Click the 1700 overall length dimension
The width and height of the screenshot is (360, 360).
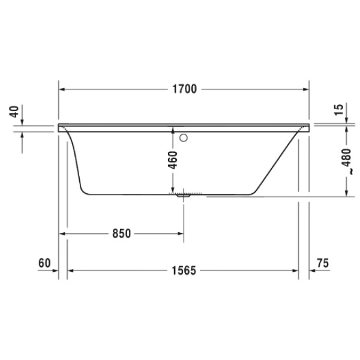pos(184,90)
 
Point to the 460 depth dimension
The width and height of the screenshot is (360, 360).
pos(172,161)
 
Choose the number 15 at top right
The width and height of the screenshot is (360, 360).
pos(340,109)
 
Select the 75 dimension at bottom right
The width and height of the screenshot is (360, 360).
pos(323,262)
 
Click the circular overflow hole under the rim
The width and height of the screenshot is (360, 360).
pos(184,137)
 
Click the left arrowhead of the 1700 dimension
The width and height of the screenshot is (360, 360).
pos(62,90)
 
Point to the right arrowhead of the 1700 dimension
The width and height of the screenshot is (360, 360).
pos(305,90)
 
